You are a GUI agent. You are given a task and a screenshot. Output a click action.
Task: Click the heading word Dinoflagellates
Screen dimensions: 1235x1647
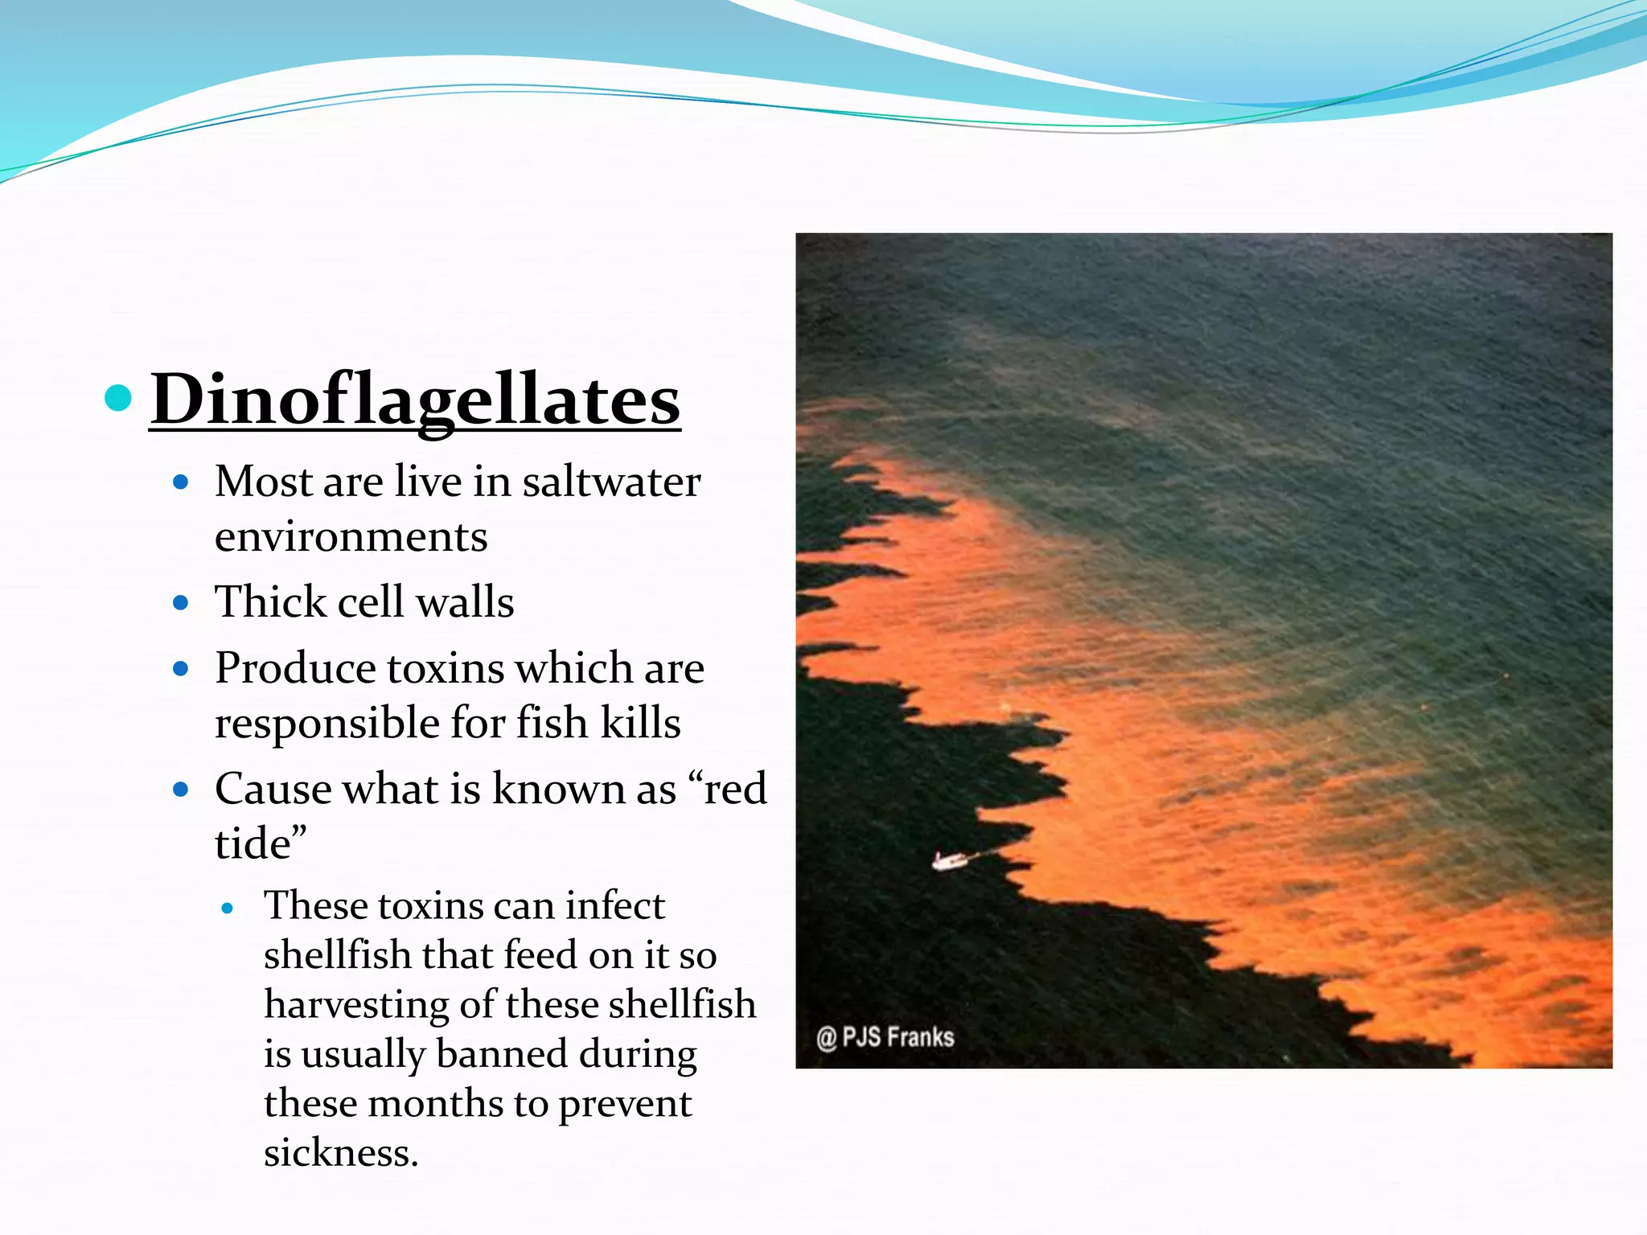(x=415, y=400)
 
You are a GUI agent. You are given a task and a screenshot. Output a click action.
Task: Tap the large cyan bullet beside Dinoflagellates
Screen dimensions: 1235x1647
(x=118, y=397)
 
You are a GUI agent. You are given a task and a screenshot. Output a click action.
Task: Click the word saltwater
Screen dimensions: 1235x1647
(x=611, y=482)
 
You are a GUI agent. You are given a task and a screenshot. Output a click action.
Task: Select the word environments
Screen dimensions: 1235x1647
(x=351, y=537)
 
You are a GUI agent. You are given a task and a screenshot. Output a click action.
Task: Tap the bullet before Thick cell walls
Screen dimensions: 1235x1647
(x=181, y=602)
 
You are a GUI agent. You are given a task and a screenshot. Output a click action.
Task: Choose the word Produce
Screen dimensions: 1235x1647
(x=295, y=669)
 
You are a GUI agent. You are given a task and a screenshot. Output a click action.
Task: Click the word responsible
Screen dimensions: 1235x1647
(x=327, y=723)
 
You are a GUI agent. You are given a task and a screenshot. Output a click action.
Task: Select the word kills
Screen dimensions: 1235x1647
(x=640, y=722)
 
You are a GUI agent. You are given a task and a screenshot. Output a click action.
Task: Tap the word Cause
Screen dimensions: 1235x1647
(x=273, y=789)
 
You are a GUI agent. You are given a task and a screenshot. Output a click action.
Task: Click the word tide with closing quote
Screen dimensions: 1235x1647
(x=261, y=844)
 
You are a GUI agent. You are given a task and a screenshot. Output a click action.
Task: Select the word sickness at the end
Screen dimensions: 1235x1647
(x=341, y=1153)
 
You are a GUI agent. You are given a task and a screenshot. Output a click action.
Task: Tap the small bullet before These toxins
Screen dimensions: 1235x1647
(x=228, y=909)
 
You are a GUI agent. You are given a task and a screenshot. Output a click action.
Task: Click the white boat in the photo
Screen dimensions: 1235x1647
(x=948, y=861)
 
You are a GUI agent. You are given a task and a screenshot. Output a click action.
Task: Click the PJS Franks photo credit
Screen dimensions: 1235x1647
(x=885, y=1037)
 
